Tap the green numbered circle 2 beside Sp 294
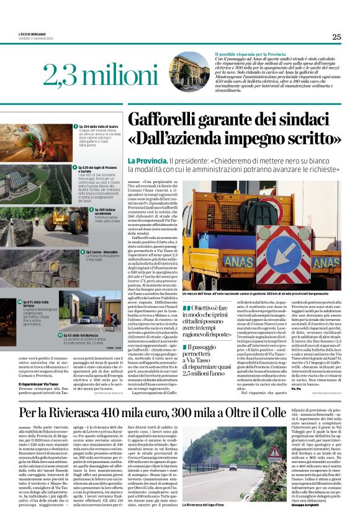[73, 126]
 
